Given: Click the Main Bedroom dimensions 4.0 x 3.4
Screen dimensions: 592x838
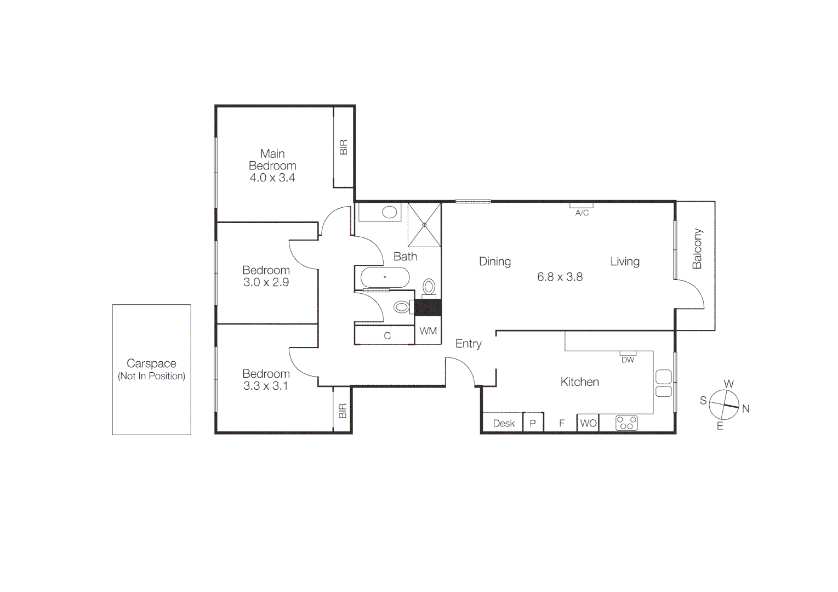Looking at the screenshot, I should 272,178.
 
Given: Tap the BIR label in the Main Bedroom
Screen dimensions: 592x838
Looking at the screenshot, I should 344,147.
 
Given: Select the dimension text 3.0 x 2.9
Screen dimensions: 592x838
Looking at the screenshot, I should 266,282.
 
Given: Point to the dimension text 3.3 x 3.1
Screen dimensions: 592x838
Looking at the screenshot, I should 266,386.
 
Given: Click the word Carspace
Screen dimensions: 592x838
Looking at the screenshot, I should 151,363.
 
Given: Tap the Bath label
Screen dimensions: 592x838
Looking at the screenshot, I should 405,257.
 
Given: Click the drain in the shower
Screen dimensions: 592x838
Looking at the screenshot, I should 424,225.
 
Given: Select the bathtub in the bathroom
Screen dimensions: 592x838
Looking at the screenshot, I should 385,277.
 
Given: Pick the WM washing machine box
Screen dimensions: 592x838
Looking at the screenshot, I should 428,332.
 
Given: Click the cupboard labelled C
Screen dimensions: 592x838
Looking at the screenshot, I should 387,335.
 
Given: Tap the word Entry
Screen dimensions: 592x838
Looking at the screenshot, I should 469,344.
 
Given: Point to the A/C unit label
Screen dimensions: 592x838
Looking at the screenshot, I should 582,213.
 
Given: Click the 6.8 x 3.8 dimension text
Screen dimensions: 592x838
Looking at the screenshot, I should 560,277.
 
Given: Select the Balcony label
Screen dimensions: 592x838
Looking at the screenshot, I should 697,249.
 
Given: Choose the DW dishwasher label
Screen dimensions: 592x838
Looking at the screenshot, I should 628,360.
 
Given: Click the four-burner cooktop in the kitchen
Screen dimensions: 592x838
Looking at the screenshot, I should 626,423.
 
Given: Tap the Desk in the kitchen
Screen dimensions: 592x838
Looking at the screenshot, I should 504,423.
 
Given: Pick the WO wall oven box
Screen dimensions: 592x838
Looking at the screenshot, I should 588,423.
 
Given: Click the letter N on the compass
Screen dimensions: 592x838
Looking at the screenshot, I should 745,408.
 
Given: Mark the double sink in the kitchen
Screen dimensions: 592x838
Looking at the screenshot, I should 663,384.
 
